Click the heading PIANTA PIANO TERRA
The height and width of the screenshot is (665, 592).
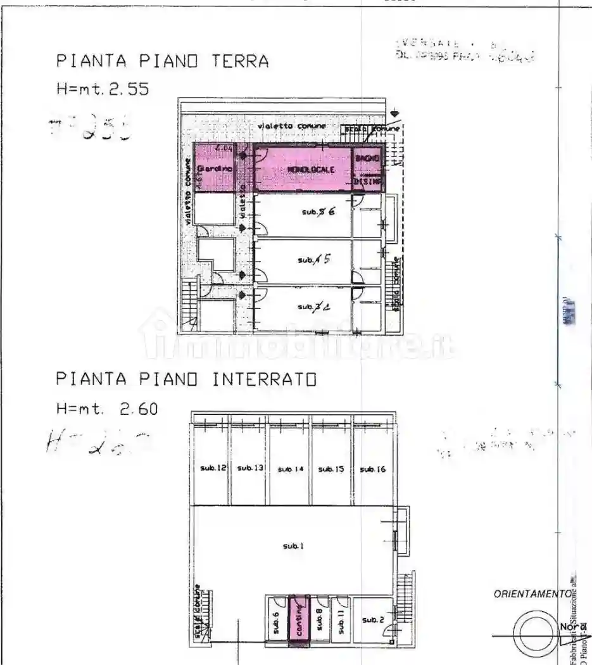tap(163, 61)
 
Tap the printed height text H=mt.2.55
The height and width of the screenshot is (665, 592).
tap(103, 89)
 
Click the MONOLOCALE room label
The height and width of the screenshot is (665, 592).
tap(310, 170)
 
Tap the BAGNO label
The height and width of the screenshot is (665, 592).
tap(367, 158)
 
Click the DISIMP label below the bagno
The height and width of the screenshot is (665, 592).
tap(368, 181)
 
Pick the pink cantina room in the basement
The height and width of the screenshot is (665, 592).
tap(299, 619)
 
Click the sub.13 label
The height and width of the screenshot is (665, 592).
tap(250, 468)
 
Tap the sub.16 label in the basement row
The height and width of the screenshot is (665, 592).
tap(372, 469)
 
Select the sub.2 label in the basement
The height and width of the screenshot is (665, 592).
tap(372, 620)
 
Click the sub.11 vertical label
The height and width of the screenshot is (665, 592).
tap(340, 622)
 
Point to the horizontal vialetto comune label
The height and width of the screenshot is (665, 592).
tap(292, 127)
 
